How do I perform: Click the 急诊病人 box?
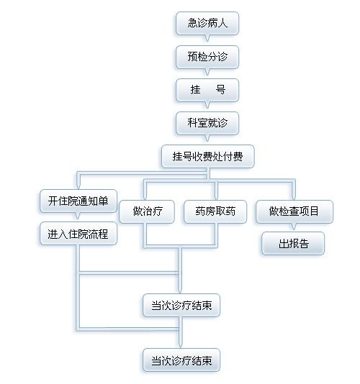pos(207,23)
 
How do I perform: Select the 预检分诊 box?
pos(207,57)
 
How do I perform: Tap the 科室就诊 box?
pos(207,123)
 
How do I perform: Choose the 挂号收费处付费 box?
pos(207,156)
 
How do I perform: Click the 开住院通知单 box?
pos(78,201)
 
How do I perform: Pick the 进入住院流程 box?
pos(78,234)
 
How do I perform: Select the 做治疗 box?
pos(147,211)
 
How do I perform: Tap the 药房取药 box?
pos(215,211)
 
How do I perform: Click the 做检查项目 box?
pos(294,211)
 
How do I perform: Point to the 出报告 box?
pos(293,244)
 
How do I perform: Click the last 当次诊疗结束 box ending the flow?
pos(181,360)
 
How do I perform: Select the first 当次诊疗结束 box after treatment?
pos(181,306)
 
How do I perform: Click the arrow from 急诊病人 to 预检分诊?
pos(207,38)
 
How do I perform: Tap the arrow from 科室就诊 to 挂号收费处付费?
pos(207,138)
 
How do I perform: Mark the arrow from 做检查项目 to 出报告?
pos(294,227)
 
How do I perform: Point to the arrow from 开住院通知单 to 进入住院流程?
pos(78,216)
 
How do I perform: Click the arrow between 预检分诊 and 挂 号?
pos(207,72)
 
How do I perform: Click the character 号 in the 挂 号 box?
pos(220,90)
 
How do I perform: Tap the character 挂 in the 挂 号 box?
pos(195,90)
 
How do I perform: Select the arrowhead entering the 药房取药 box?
pos(216,197)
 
